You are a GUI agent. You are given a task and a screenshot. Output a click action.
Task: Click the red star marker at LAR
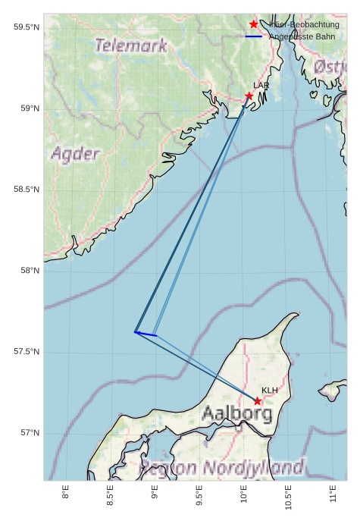pyautogui.click(x=249, y=96)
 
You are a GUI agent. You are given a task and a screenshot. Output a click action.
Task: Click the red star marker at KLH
pyautogui.click(x=258, y=401)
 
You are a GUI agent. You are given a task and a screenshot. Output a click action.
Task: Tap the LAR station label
pyautogui.click(x=261, y=86)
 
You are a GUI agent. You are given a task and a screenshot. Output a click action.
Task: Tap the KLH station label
pyautogui.click(x=270, y=391)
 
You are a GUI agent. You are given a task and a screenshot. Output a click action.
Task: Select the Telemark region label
pyautogui.click(x=131, y=45)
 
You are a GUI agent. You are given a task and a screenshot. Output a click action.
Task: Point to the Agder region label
pyautogui.click(x=75, y=155)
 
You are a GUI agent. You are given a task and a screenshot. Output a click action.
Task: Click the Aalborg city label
pyautogui.click(x=237, y=414)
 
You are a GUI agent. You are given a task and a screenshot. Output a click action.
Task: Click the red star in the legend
pyautogui.click(x=254, y=24)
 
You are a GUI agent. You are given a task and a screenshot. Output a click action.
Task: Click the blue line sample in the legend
pyautogui.click(x=254, y=36)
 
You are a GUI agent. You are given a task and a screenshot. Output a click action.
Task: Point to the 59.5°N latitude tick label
pyautogui.click(x=26, y=28)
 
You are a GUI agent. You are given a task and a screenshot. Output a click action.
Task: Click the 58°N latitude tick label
pyautogui.click(x=29, y=271)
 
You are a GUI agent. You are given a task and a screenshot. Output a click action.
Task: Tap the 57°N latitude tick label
pyautogui.click(x=29, y=433)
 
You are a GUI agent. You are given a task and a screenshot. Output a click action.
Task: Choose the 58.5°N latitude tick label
pyautogui.click(x=26, y=190)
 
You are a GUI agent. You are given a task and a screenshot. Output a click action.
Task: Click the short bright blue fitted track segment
pyautogui.click(x=146, y=334)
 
